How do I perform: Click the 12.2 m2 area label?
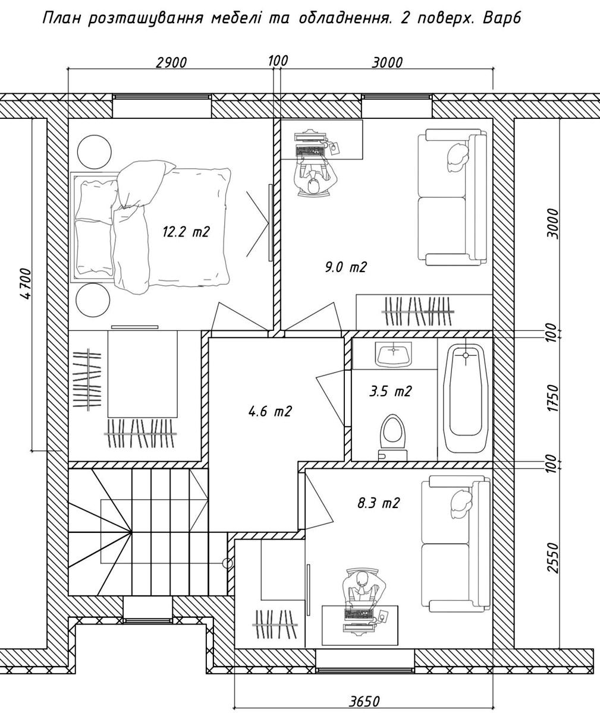186,232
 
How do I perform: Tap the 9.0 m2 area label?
345,267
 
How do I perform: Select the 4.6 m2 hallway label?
270,412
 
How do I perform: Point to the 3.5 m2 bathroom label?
390,392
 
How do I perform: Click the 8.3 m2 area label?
378,503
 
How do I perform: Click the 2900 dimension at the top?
171,63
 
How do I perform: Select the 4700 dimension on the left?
26,284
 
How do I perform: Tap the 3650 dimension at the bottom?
364,702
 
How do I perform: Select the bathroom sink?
394,355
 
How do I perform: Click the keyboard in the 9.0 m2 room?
310,150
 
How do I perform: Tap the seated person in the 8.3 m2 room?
363,590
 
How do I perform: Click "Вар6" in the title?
502,18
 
